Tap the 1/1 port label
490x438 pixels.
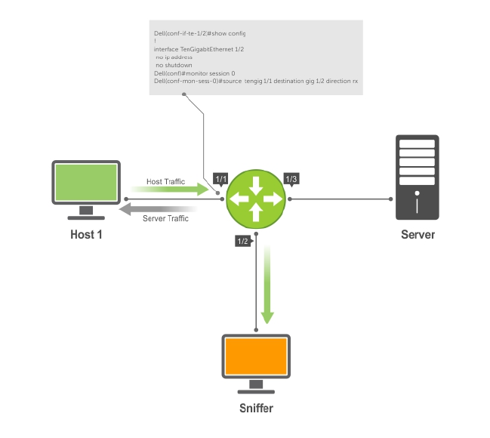(221, 179)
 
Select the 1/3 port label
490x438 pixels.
(292, 179)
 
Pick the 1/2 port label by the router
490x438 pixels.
(242, 242)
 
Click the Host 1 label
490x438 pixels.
(86, 234)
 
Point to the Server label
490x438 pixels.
(418, 234)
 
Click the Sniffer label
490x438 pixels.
(257, 409)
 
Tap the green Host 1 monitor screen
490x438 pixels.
(86, 182)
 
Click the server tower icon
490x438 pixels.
(418, 177)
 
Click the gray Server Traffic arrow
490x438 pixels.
(159, 208)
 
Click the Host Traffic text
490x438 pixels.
(165, 182)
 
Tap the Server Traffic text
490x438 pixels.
(165, 219)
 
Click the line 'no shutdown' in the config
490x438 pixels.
(174, 65)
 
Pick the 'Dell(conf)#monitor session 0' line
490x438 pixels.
(192, 72)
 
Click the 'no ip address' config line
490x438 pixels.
(174, 57)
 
